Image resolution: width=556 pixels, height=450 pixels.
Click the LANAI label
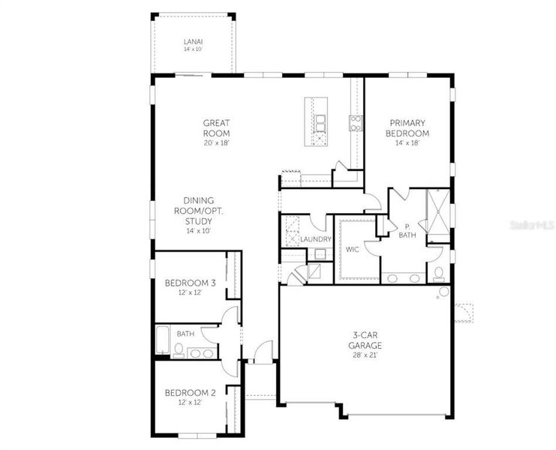(x=194, y=41)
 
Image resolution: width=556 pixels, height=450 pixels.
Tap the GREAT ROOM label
(x=216, y=127)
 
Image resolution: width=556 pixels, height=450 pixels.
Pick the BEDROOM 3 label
(x=190, y=283)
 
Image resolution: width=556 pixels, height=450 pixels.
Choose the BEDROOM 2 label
(x=190, y=392)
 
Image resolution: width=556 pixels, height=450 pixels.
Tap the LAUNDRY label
(x=316, y=239)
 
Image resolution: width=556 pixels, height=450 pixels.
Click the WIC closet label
(x=353, y=249)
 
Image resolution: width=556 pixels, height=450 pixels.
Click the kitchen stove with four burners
(x=354, y=121)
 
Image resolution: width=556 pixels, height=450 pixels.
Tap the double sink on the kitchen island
(x=320, y=121)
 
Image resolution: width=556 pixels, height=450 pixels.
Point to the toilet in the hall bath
(x=179, y=349)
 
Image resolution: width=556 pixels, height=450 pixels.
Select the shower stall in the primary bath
(x=437, y=212)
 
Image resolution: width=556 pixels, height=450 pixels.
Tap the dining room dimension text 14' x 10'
(x=199, y=231)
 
